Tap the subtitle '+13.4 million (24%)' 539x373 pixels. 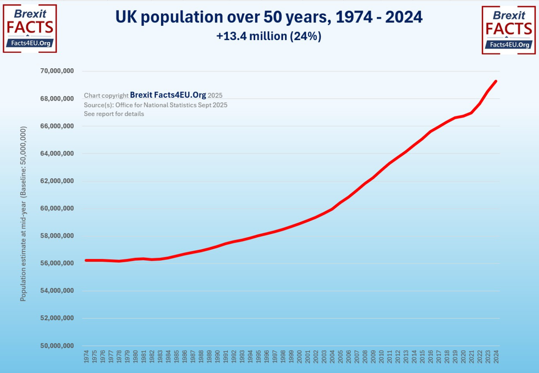coord(269,37)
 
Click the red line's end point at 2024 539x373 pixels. coord(496,81)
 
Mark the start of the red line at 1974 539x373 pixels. coord(86,260)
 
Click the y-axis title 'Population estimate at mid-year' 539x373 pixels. coord(23,214)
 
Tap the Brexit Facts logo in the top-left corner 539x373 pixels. coord(29,29)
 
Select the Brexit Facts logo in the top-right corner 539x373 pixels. coord(509,30)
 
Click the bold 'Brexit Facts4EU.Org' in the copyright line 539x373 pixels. coord(168,95)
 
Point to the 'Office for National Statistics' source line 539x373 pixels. coord(156,105)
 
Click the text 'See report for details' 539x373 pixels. coord(114,114)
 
